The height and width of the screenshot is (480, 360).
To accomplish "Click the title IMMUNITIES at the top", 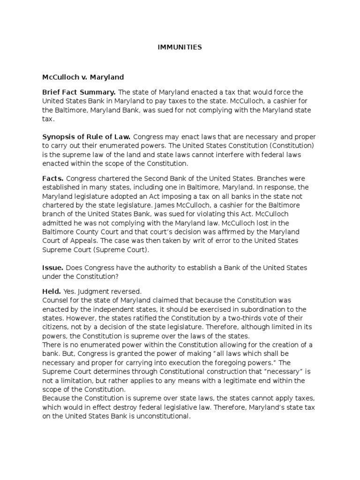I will coord(180,47).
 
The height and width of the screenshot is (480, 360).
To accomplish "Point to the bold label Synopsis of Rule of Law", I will coord(87,137).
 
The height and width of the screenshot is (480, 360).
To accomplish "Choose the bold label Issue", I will coord(53,268).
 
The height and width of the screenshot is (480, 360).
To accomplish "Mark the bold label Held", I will coord(52,291).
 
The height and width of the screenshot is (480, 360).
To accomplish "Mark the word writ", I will coord(184,240).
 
